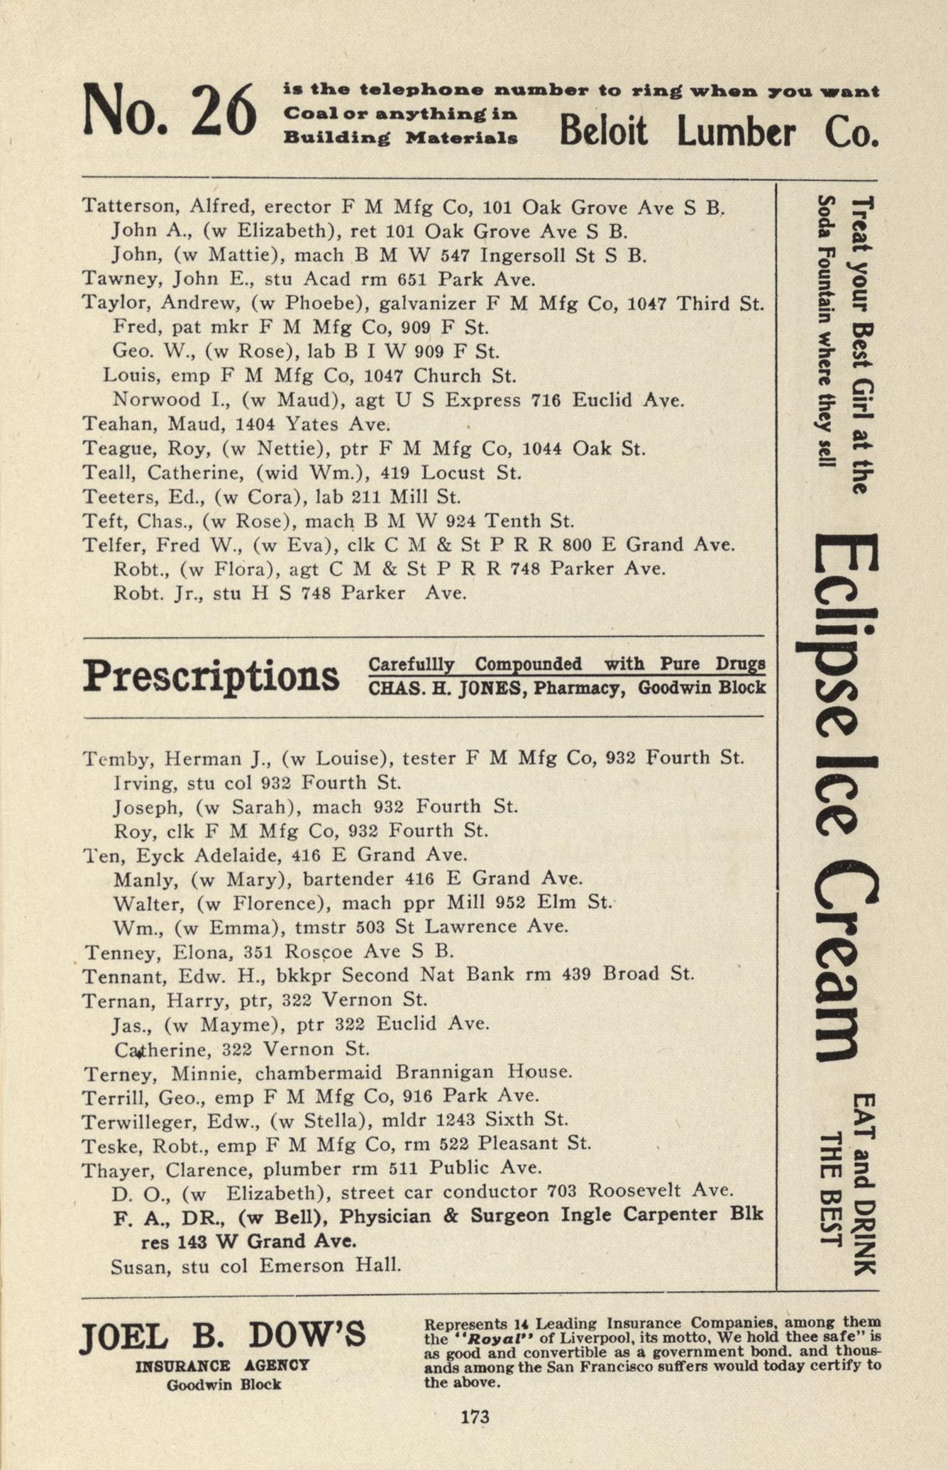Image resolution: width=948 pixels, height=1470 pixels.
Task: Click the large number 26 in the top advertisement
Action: click(223, 110)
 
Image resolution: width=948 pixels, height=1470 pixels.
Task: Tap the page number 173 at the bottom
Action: click(475, 1417)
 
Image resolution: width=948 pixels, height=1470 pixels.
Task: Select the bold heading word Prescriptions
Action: click(211, 675)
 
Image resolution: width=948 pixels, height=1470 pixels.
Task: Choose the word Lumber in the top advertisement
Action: click(736, 131)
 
